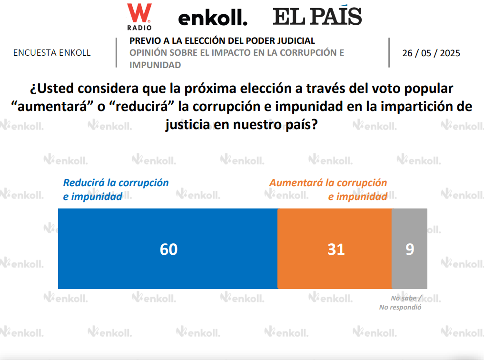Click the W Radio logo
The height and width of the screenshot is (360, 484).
pyautogui.click(x=139, y=16)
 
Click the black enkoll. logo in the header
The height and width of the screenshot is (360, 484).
pyautogui.click(x=213, y=19)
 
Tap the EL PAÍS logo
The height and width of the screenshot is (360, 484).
pyautogui.click(x=317, y=17)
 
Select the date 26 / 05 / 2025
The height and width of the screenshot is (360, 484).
pyautogui.click(x=431, y=53)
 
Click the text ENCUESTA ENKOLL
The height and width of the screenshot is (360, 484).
pyautogui.click(x=52, y=53)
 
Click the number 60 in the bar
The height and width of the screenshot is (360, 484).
pyautogui.click(x=168, y=249)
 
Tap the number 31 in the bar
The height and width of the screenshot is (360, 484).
pyautogui.click(x=336, y=249)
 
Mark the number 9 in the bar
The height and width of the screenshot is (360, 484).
pyautogui.click(x=410, y=249)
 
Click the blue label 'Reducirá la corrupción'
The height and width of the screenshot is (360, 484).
pyautogui.click(x=116, y=183)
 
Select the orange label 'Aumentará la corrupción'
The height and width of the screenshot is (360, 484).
pyautogui.click(x=328, y=183)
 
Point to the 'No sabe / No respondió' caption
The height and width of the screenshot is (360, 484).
pyautogui.click(x=400, y=303)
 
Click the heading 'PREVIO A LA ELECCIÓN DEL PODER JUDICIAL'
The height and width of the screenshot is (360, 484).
pyautogui.click(x=222, y=41)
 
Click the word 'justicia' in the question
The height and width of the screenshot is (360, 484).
pyautogui.click(x=188, y=125)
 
